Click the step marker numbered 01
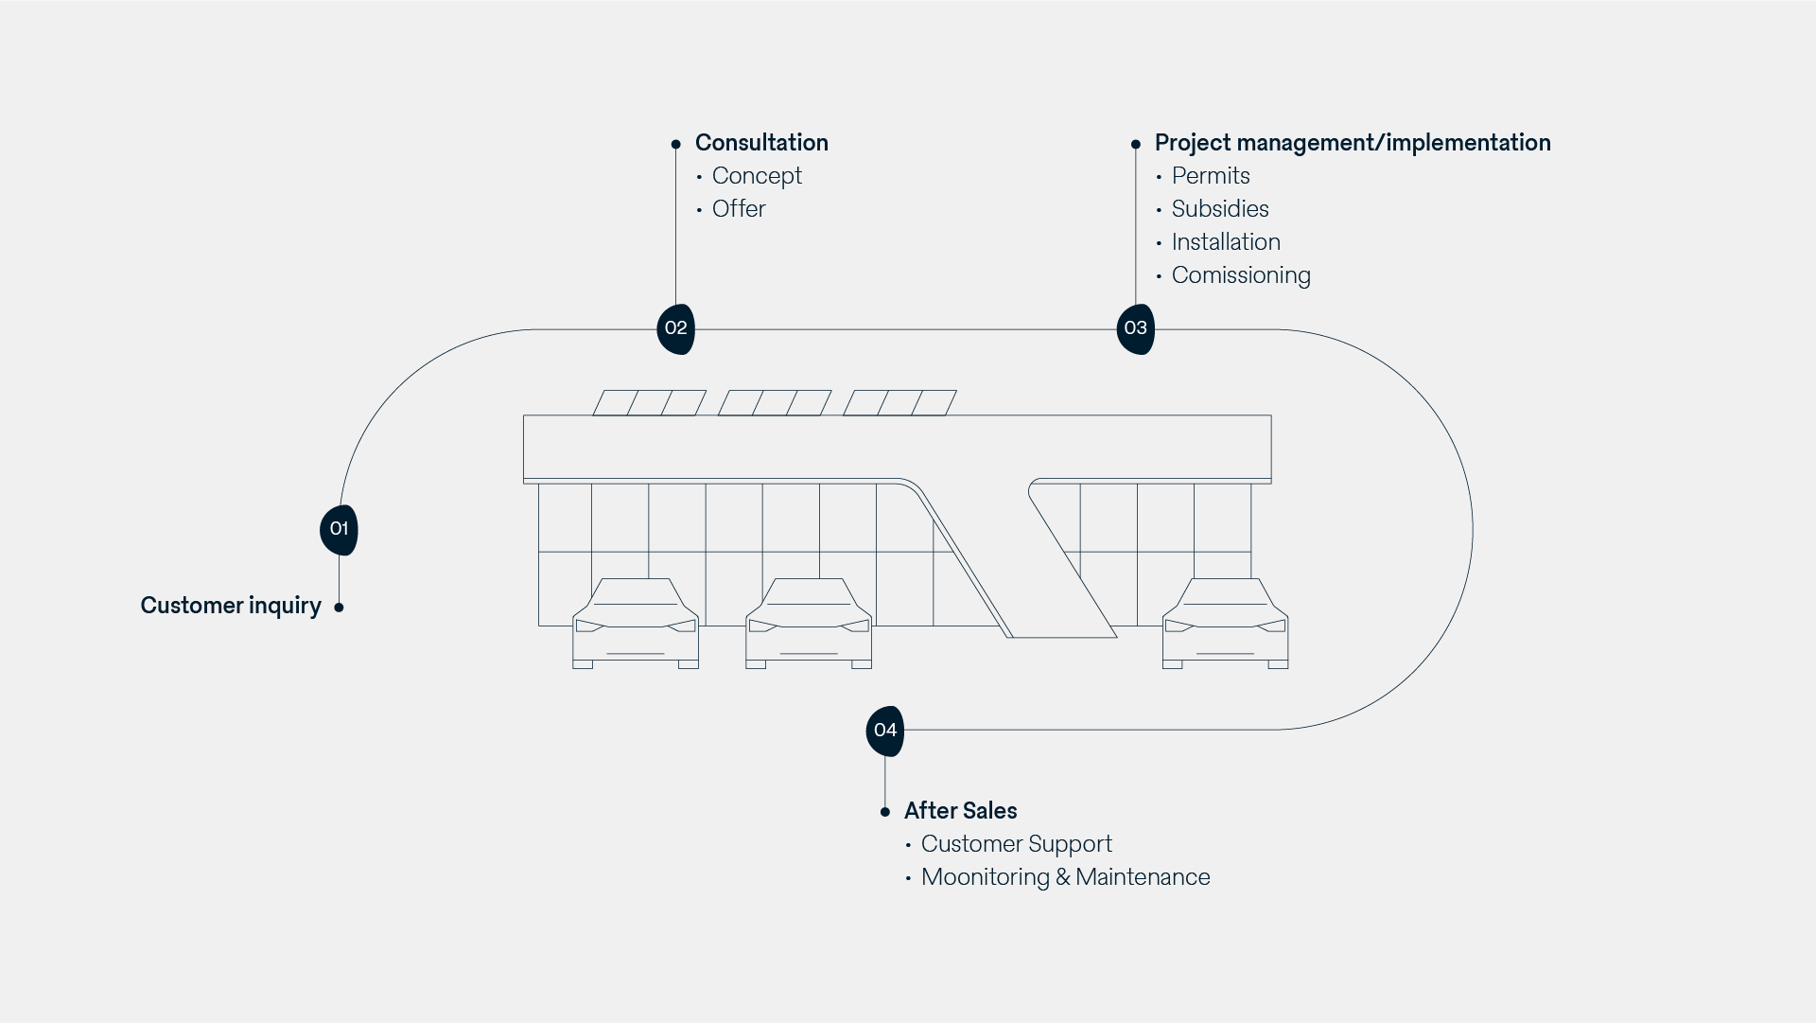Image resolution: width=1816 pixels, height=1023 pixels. pyautogui.click(x=339, y=530)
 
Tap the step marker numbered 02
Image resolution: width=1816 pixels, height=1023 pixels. pyautogui.click(x=675, y=328)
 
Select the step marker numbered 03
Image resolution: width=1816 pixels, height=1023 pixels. pyautogui.click(x=1135, y=328)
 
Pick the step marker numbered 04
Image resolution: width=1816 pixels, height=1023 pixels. pyautogui.click(x=884, y=731)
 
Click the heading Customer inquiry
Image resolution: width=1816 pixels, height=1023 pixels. pyautogui.click(x=231, y=606)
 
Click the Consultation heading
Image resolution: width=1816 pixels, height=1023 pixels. pyautogui.click(x=761, y=143)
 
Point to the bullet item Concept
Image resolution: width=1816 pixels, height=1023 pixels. pyautogui.click(x=757, y=176)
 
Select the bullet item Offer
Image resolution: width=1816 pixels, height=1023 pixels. pyautogui.click(x=739, y=209)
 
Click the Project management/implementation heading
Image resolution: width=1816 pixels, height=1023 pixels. pyautogui.click(x=1353, y=143)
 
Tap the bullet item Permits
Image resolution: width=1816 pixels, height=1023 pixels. pyautogui.click(x=1211, y=176)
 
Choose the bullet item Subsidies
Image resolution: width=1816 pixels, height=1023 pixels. pyautogui.click(x=1220, y=209)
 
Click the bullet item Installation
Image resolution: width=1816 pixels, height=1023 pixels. pyautogui.click(x=1226, y=242)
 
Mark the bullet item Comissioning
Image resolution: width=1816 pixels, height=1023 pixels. pyautogui.click(x=1241, y=275)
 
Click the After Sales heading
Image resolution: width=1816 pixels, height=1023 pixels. pyautogui.click(x=960, y=811)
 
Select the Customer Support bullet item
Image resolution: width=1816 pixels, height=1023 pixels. pyautogui.click(x=1016, y=844)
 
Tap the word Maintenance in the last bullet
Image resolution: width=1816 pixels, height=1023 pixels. pyautogui.click(x=1143, y=877)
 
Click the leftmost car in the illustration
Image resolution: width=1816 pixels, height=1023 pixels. pyautogui.click(x=636, y=625)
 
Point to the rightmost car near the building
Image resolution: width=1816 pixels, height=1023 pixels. pyautogui.click(x=1225, y=625)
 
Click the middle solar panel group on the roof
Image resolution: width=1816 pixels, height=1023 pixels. pyautogui.click(x=774, y=403)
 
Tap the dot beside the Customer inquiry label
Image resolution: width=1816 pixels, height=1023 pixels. pyautogui.click(x=339, y=608)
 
